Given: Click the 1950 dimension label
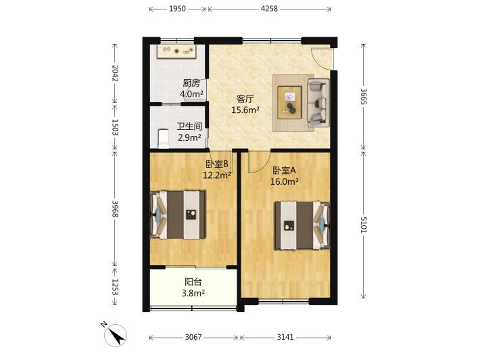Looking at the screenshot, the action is coord(178,9).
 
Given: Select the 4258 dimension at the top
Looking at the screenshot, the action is coord(269,9).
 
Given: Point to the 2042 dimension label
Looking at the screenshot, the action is coord(115,73).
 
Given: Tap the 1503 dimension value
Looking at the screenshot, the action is coord(115,127).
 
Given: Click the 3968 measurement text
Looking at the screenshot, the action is coord(115,208).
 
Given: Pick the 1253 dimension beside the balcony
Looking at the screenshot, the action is coord(115,287).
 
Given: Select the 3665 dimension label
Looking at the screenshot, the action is coord(363,97).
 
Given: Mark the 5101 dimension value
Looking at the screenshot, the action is coord(363,225).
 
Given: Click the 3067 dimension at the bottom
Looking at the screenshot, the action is coord(193,337).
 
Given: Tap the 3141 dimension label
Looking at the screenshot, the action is coord(285,337).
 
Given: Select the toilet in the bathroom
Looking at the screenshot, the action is coord(163,139).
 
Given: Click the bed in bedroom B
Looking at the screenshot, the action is coord(178,215).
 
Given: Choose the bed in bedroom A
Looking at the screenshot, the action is coord(302,225).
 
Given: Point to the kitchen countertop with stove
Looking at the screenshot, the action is coord(176,51).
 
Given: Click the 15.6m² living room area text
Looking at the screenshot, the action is coord(245,110).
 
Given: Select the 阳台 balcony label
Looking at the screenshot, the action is coord(193,282).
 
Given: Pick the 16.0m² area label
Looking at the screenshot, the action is coord(285,181).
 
